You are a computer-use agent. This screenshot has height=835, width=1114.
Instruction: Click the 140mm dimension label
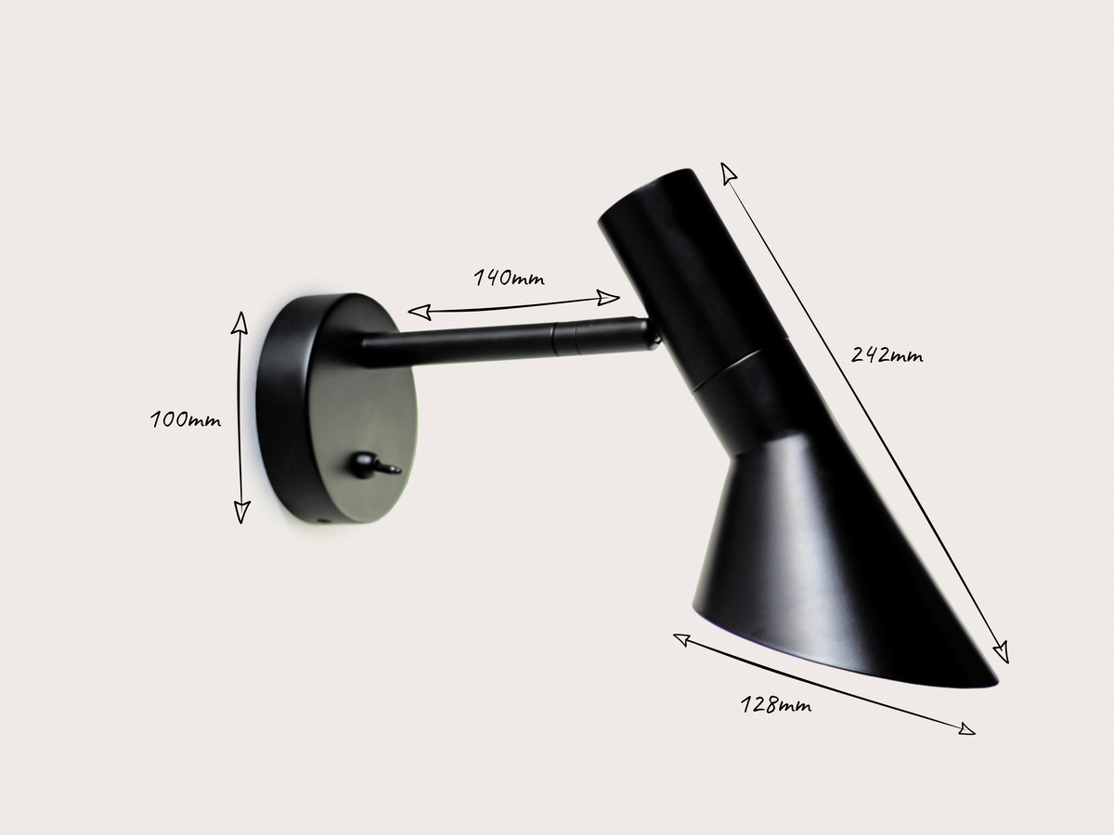(509, 277)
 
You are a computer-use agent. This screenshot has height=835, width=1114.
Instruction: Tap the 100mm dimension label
(186, 419)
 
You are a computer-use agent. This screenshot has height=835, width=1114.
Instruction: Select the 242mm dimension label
(887, 354)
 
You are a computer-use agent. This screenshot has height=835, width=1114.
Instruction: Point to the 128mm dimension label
(776, 705)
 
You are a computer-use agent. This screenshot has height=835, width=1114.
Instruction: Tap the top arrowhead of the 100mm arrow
(240, 320)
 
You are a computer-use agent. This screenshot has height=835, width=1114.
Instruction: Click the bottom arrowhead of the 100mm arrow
(241, 513)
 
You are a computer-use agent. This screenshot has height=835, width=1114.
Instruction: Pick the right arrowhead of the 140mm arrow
(610, 298)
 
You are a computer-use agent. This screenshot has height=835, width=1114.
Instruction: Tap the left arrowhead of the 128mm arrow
(680, 638)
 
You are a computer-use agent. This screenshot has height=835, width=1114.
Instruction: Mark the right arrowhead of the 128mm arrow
(967, 730)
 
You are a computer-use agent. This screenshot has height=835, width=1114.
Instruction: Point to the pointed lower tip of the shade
(991, 681)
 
